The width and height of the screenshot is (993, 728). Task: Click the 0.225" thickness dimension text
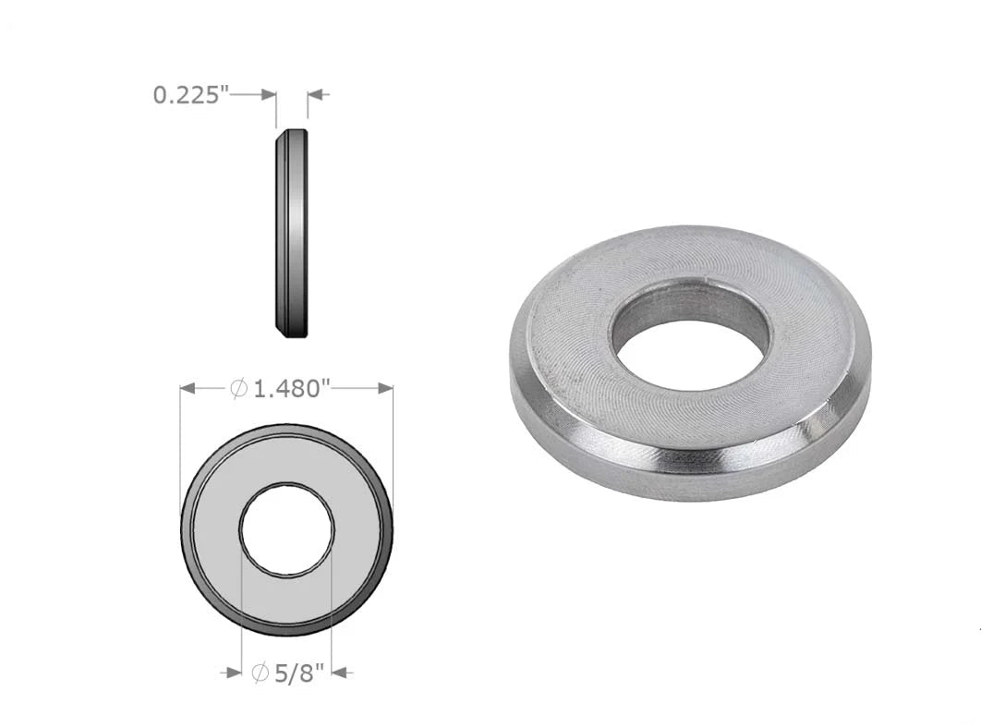tap(190, 95)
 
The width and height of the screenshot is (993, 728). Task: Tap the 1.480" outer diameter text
tap(293, 388)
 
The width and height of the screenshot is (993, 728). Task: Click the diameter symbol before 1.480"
tap(238, 388)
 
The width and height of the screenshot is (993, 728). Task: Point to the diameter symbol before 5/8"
tap(260, 673)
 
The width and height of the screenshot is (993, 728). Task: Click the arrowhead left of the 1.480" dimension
tap(188, 388)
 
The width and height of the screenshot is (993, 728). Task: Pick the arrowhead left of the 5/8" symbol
tap(235, 673)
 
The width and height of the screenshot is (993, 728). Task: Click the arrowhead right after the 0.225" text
tap(269, 95)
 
